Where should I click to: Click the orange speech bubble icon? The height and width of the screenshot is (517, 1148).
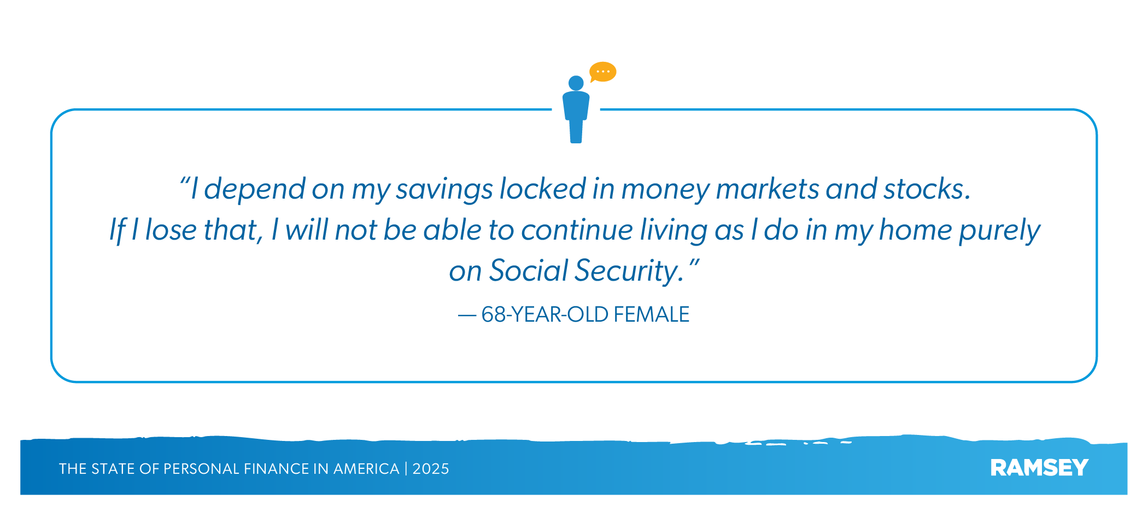pyautogui.click(x=603, y=72)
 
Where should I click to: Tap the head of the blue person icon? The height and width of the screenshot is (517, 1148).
pyautogui.click(x=576, y=83)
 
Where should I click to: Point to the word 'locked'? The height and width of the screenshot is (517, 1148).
pyautogui.click(x=543, y=189)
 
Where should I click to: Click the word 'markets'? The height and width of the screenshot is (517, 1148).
pyautogui.click(x=768, y=189)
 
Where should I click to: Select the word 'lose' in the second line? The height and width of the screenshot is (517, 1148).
pyautogui.click(x=171, y=230)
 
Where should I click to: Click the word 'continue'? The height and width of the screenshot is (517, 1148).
pyautogui.click(x=577, y=230)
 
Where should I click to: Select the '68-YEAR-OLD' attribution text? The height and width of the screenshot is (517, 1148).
pyautogui.click(x=544, y=315)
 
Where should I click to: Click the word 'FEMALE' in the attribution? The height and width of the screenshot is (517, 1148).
pyautogui.click(x=651, y=315)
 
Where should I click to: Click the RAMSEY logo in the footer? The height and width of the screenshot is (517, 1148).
pyautogui.click(x=1039, y=468)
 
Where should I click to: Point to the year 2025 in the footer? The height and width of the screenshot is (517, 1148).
pyautogui.click(x=431, y=469)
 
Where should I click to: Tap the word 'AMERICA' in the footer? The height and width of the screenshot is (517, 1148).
pyautogui.click(x=366, y=469)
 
